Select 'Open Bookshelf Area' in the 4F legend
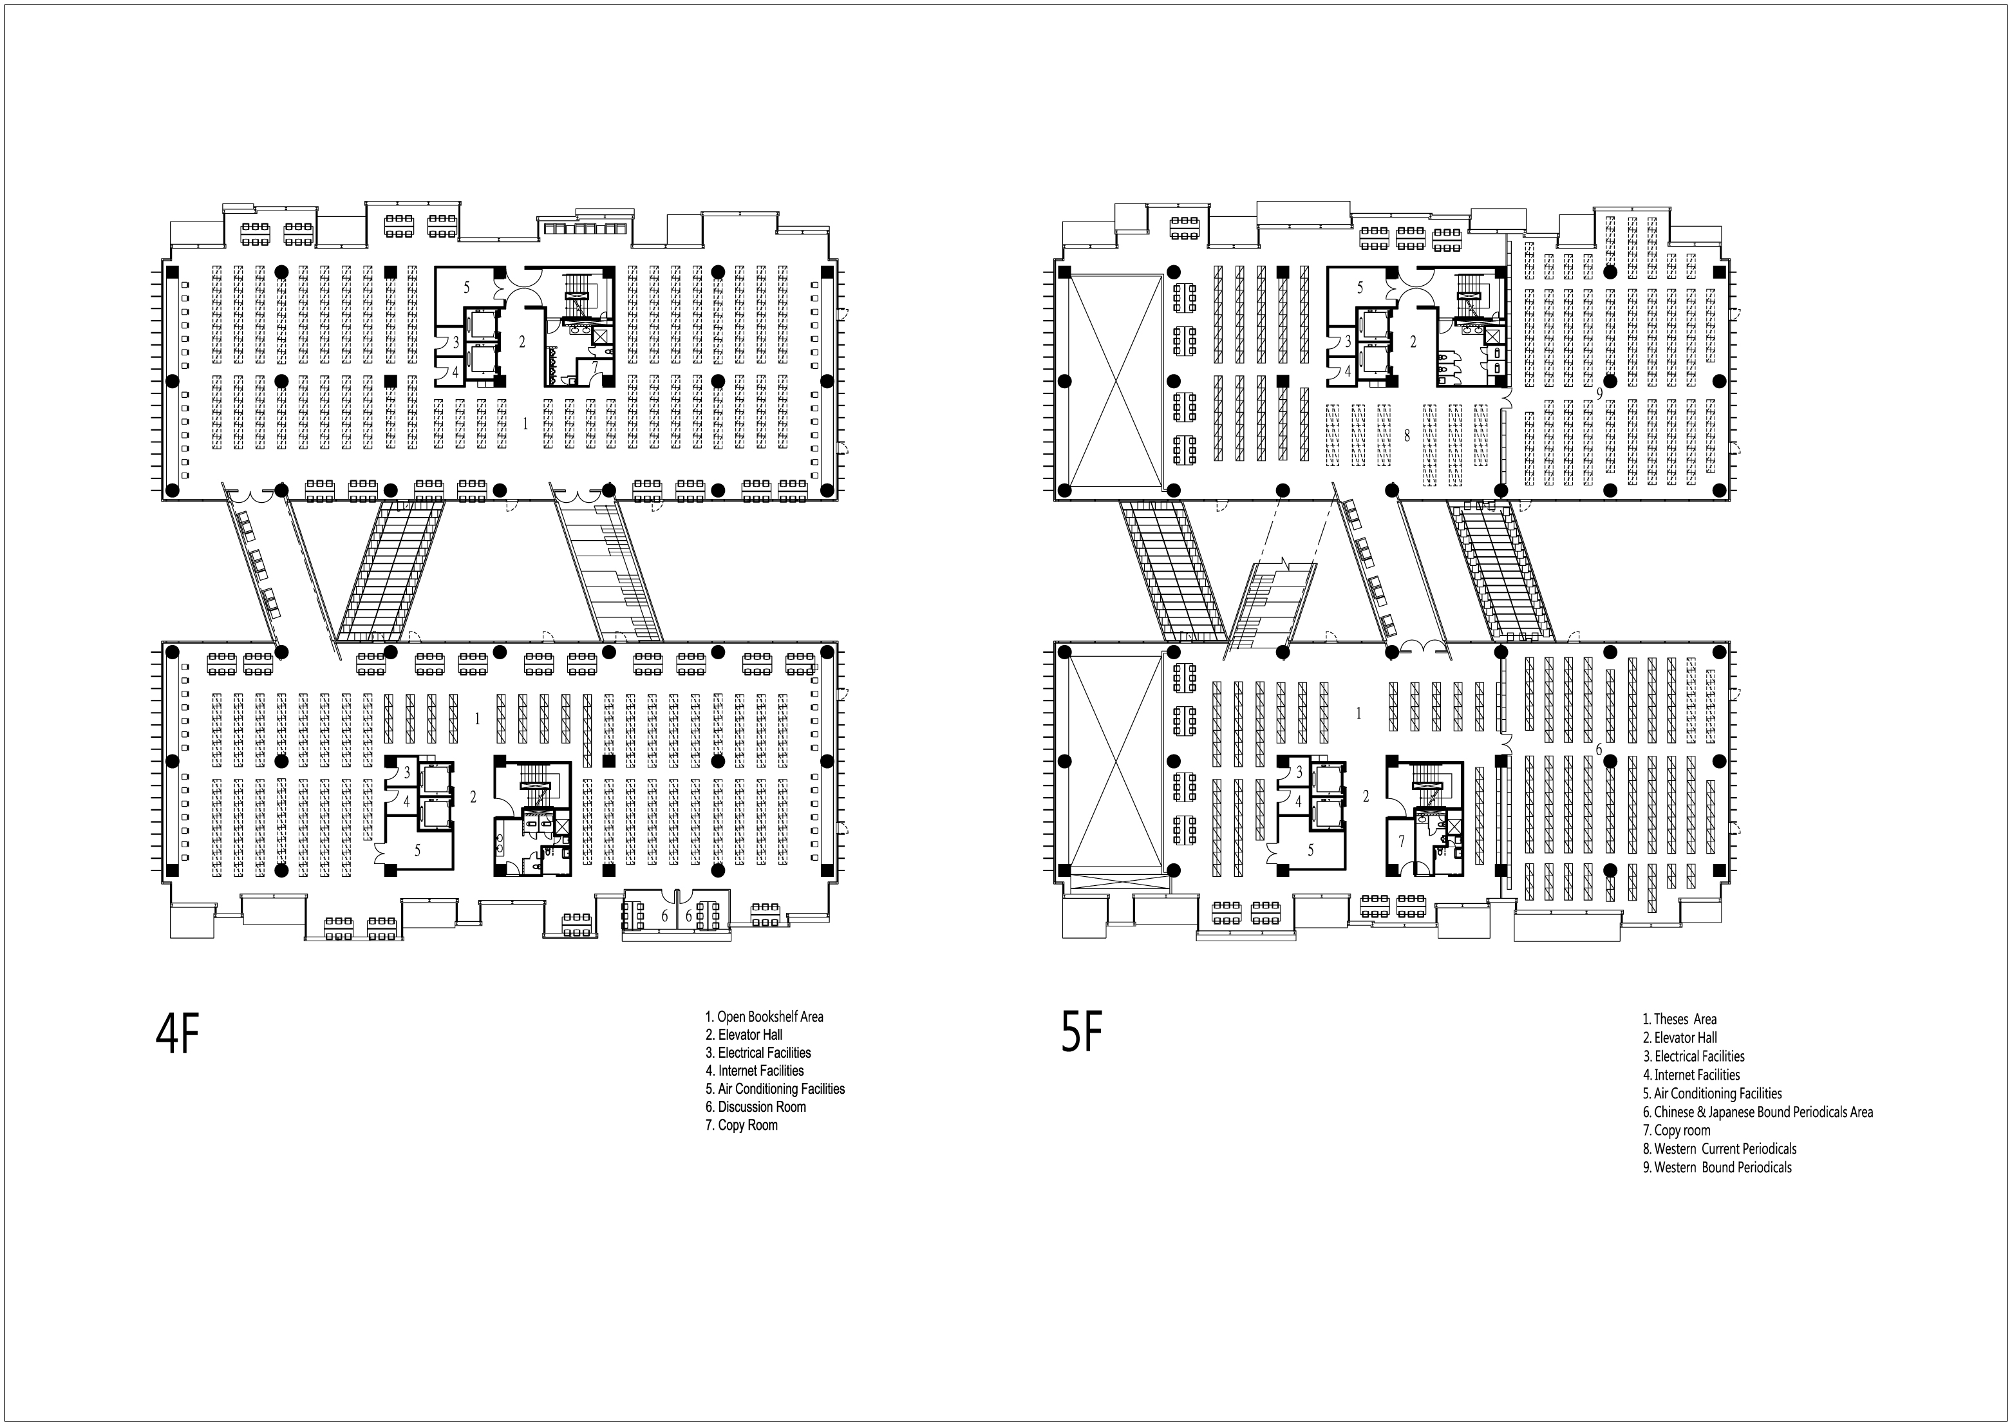764,1017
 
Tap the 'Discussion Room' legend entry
755,1107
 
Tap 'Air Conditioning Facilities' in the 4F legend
775,1089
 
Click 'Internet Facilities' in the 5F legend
1691,1074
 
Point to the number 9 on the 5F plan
1599,394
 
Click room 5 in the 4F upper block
466,287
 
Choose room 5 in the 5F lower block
1310,849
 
